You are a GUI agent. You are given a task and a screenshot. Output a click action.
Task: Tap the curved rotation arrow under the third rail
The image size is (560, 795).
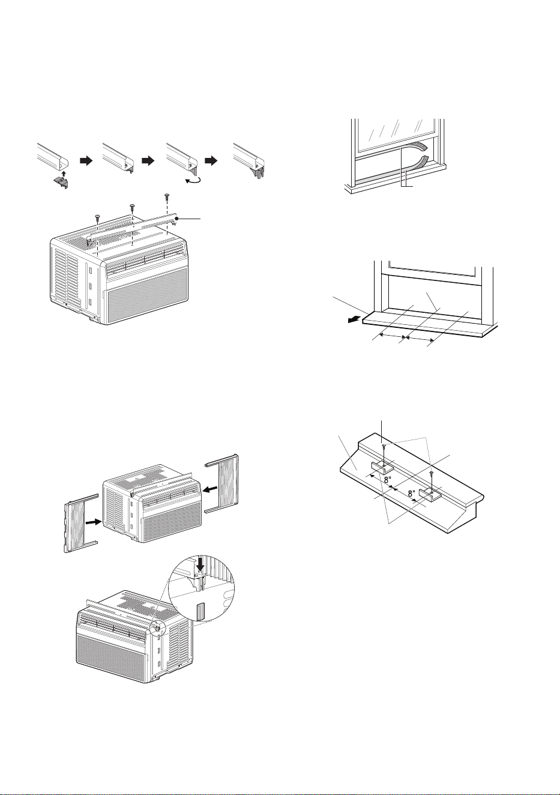193,181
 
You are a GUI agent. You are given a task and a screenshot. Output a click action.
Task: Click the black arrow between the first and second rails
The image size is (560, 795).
86,161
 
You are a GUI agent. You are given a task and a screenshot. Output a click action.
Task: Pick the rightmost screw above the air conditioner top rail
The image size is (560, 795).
166,196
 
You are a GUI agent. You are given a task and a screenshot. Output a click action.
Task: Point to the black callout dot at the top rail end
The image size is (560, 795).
176,219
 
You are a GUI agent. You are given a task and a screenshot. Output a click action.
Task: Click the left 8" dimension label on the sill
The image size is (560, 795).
388,480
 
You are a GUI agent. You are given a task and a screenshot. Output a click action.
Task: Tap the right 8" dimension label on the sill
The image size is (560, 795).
411,493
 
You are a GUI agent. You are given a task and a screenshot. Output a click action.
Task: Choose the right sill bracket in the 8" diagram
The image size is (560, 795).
429,494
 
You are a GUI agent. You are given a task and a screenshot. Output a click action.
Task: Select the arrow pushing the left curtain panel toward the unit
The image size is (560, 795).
93,522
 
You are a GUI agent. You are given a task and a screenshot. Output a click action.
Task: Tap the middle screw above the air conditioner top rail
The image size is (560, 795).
132,207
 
